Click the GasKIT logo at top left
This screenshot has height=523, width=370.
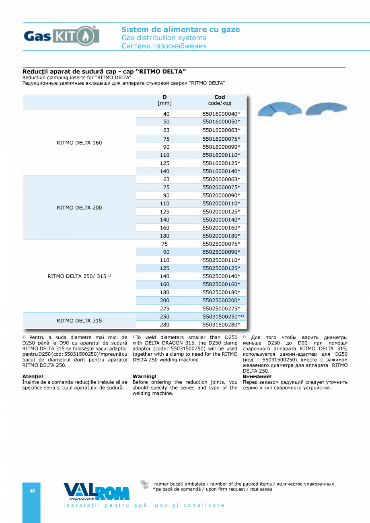click(x=61, y=36)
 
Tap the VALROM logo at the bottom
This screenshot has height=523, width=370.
click(x=97, y=491)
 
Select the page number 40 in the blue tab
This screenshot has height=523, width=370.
click(x=32, y=491)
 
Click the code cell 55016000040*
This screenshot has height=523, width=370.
click(x=221, y=114)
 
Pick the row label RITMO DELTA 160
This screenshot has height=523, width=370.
click(x=79, y=143)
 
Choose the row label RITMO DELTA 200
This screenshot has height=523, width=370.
click(x=79, y=208)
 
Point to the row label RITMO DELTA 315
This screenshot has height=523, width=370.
click(x=79, y=321)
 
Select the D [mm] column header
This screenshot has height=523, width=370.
click(x=164, y=100)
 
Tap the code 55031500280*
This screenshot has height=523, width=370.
click(x=221, y=325)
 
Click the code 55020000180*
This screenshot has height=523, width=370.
click(x=221, y=236)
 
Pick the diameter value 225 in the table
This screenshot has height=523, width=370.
click(x=164, y=309)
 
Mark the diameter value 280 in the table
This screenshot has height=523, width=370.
click(x=164, y=325)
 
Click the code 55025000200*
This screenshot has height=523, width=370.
click(x=221, y=301)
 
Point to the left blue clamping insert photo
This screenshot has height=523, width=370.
click(x=280, y=109)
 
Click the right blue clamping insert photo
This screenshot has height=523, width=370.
click(x=326, y=109)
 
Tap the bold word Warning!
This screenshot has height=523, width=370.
click(x=144, y=377)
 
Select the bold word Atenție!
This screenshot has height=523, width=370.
click(x=33, y=377)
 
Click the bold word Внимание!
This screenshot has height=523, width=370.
click(x=257, y=377)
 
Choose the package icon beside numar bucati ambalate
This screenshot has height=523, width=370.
click(x=145, y=484)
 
